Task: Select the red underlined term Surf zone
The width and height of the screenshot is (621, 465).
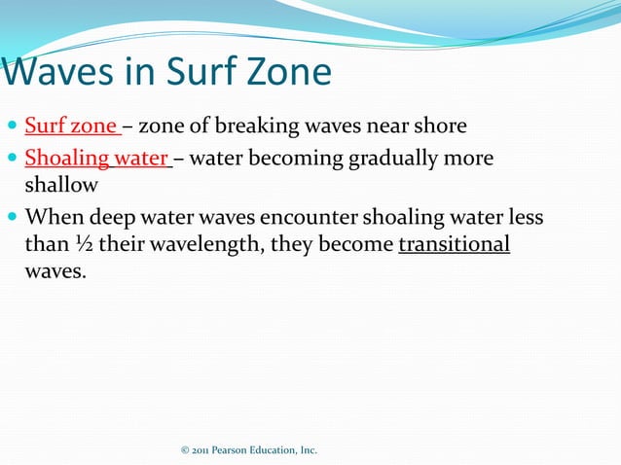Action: pos(71,125)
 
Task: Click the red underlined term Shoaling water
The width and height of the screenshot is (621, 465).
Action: pos(96,158)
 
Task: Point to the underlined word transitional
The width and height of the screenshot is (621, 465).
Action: pos(454,244)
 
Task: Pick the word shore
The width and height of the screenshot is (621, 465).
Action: pos(437,125)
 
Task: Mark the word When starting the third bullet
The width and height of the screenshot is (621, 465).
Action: pos(54,217)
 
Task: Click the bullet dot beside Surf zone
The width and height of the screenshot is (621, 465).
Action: pos(12,126)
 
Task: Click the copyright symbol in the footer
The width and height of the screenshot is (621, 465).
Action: pos(185,450)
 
